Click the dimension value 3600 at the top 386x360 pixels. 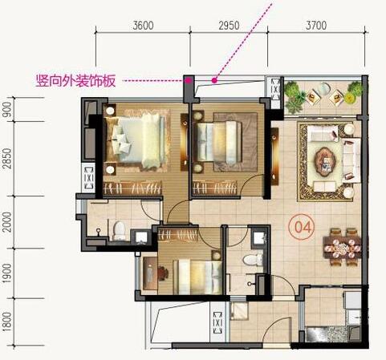pyautogui.click(x=142, y=25)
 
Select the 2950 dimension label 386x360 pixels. pyautogui.click(x=229, y=25)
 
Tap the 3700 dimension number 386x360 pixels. pyautogui.click(x=316, y=25)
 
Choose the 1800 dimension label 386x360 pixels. pyautogui.click(x=8, y=325)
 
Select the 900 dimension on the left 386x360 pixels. pyautogui.click(x=8, y=109)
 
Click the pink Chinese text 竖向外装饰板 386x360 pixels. pyautogui.click(x=77, y=81)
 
